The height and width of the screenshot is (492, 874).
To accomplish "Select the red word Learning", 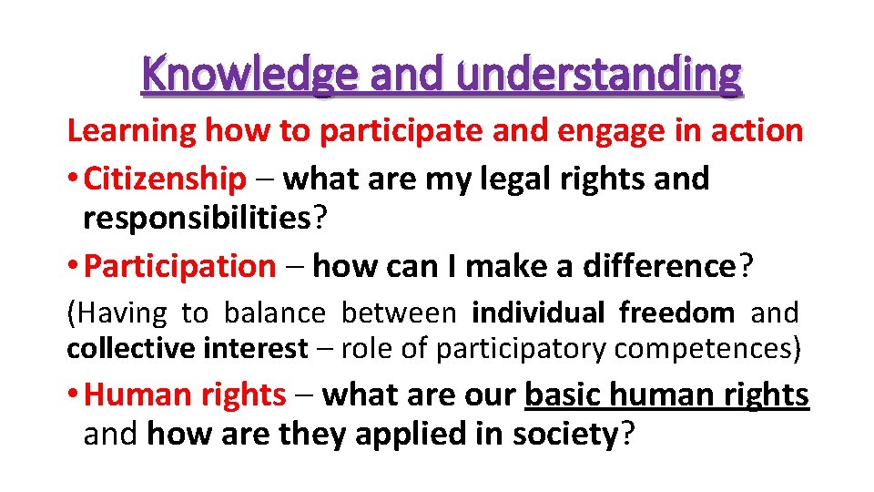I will [x=132, y=131].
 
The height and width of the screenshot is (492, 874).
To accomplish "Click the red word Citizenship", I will [x=165, y=179].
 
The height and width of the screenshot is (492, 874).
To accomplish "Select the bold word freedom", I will [x=676, y=313].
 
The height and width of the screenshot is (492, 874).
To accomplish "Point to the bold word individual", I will [x=538, y=313].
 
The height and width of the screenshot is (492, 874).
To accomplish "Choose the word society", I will [x=564, y=435].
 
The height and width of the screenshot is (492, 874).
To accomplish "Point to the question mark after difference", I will [x=746, y=266].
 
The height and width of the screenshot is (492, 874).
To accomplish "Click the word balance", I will [x=274, y=313].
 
